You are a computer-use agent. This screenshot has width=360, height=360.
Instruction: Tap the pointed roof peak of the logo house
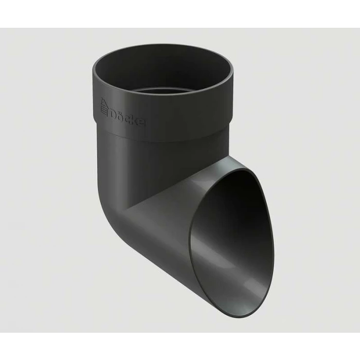[103, 99]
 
